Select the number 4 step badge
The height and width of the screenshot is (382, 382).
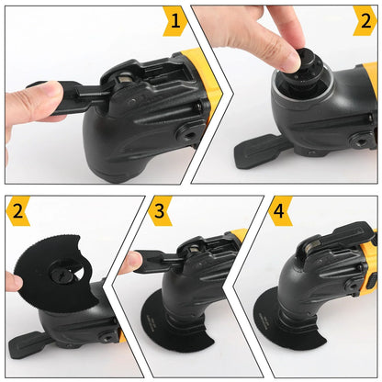point(280,210)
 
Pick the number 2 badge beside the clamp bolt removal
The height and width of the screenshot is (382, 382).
point(366,20)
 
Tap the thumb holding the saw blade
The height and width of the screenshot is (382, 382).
point(13,281)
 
